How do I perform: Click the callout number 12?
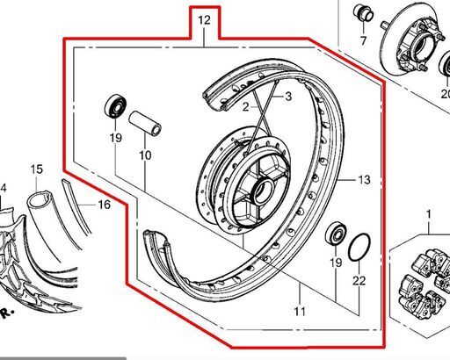pos(204,20)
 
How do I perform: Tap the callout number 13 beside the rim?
pos(364,179)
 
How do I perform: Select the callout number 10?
pos(145,155)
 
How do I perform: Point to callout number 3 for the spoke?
pos(288,97)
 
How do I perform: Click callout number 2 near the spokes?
pos(245,107)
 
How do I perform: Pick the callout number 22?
pos(359,281)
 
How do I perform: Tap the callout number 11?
pos(300,311)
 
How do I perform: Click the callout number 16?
pos(104,205)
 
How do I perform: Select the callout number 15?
pos(37,169)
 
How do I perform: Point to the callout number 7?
pos(363,40)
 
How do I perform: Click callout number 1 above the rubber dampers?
pos(428,214)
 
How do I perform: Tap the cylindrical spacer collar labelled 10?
pos(145,123)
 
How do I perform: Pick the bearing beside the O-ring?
pos(337,234)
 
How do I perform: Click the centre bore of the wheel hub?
pos(263,191)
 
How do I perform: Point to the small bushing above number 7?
pos(363,13)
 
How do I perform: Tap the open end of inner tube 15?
pos(40,199)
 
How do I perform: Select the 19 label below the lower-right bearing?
pos(336,263)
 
